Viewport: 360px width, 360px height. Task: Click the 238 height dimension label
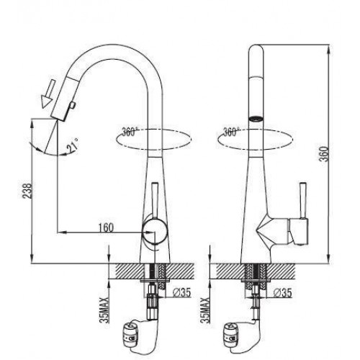pyautogui.click(x=27, y=191)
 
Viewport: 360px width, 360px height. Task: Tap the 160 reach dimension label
pyautogui.click(x=106, y=228)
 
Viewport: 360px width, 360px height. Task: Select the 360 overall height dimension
pyautogui.click(x=325, y=154)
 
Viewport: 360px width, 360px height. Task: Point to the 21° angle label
pyautogui.click(x=73, y=145)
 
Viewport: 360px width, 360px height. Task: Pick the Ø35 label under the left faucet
pyautogui.click(x=181, y=292)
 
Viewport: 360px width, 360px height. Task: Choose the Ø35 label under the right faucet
pyautogui.click(x=282, y=292)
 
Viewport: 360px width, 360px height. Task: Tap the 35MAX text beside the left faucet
pyautogui.click(x=105, y=310)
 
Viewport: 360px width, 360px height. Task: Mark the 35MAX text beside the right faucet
pyautogui.click(x=206, y=310)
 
